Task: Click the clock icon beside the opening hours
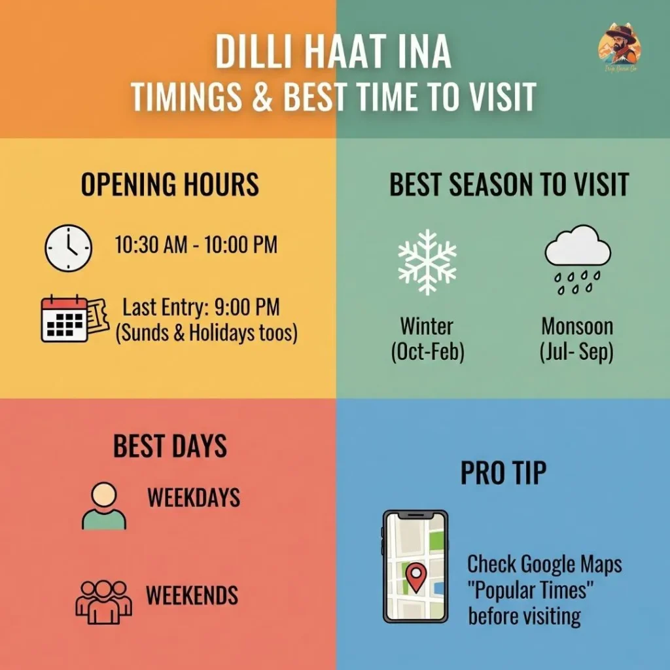point(68,248)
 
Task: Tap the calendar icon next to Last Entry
point(65,319)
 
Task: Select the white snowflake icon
point(427,261)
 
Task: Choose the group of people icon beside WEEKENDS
point(103,601)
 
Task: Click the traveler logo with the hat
point(619,44)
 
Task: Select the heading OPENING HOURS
point(169,185)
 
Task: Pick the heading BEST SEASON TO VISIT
point(509,185)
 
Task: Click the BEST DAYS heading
point(170,446)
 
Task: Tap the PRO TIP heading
point(502,474)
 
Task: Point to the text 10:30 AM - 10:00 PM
point(196,245)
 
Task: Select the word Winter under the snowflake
point(427,326)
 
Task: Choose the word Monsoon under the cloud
point(577,326)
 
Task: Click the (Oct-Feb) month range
point(427,352)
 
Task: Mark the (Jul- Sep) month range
point(576,352)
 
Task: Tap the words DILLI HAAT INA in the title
point(334,56)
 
